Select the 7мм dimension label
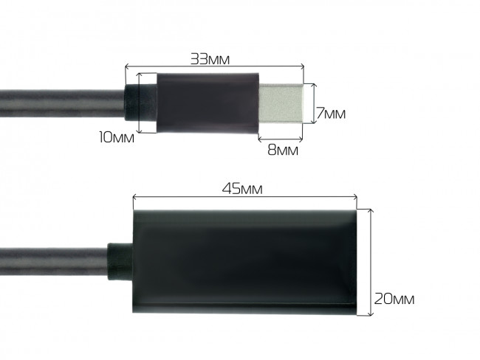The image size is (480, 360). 331,114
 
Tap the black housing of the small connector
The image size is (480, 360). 207,103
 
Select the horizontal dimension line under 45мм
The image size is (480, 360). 244,197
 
